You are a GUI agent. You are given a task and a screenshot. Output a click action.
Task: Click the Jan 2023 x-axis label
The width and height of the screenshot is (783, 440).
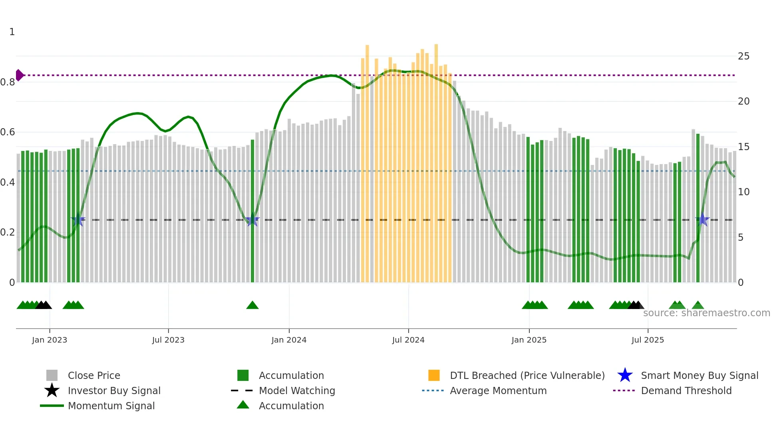pyautogui.click(x=50, y=340)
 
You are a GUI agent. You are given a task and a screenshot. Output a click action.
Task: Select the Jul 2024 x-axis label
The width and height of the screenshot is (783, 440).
pyautogui.click(x=408, y=340)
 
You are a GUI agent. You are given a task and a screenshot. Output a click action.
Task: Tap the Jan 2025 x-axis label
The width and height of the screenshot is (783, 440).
pyautogui.click(x=529, y=340)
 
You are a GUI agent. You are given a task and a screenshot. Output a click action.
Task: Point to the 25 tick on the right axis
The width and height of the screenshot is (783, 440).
pyautogui.click(x=743, y=56)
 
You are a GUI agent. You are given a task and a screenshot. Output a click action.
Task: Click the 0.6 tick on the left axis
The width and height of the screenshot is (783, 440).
pyautogui.click(x=8, y=132)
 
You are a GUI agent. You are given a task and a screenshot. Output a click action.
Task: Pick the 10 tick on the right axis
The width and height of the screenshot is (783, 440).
pyautogui.click(x=743, y=192)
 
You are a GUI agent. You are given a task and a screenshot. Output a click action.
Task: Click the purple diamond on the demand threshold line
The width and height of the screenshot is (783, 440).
pyautogui.click(x=19, y=75)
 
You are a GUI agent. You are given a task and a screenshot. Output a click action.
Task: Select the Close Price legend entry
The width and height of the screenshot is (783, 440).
pyautogui.click(x=94, y=376)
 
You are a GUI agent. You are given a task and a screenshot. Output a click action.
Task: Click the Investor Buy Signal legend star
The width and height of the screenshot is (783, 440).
pyautogui.click(x=52, y=390)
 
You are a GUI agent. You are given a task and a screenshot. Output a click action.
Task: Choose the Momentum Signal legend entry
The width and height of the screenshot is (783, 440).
pyautogui.click(x=111, y=406)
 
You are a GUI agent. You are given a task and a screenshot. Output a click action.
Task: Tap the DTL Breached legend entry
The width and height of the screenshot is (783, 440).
pyautogui.click(x=527, y=376)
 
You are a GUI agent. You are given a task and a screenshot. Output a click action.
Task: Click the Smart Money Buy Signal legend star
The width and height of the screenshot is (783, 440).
pyautogui.click(x=625, y=375)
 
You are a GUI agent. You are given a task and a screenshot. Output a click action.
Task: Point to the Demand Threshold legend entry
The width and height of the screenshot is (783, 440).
pyautogui.click(x=686, y=391)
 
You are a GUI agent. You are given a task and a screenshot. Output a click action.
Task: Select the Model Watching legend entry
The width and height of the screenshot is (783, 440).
pyautogui.click(x=297, y=391)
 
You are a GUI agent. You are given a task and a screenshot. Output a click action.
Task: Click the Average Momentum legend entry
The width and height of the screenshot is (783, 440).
pyautogui.click(x=498, y=391)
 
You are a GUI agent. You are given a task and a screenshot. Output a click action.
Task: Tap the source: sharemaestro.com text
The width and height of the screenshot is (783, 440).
pyautogui.click(x=706, y=313)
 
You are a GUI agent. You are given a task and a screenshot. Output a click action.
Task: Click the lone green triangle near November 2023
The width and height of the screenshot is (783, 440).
pyautogui.click(x=252, y=305)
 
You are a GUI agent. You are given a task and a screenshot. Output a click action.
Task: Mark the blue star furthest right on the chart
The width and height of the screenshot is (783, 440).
pyautogui.click(x=702, y=220)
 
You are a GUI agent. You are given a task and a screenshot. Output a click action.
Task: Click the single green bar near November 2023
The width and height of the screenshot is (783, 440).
pyautogui.click(x=252, y=212)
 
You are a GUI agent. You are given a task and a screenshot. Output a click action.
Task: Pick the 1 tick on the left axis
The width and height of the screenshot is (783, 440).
pyautogui.click(x=12, y=32)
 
